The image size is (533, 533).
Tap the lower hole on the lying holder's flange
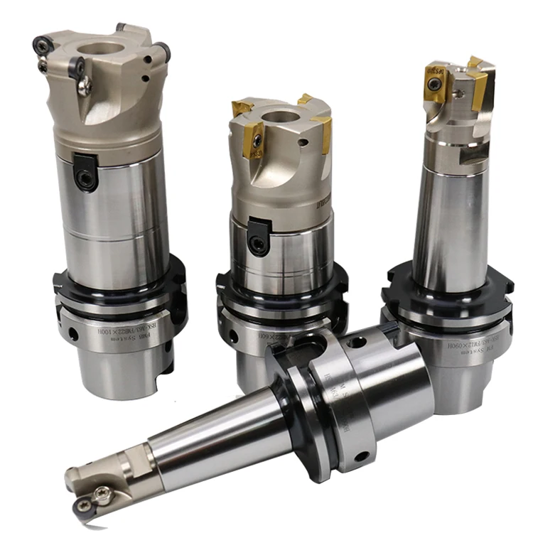point(363,457)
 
